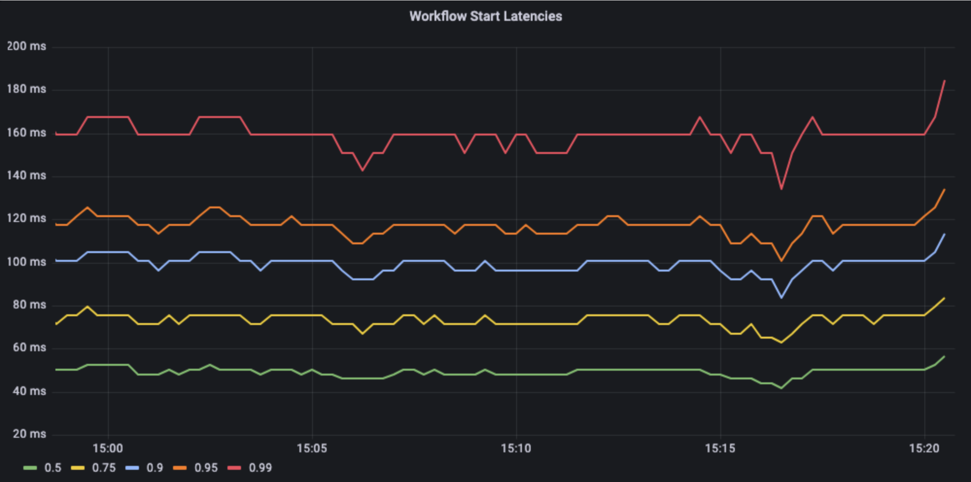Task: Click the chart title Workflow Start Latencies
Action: (x=485, y=16)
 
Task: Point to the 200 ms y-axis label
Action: (x=26, y=46)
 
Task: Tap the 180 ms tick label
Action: (x=26, y=89)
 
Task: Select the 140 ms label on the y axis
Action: (x=26, y=175)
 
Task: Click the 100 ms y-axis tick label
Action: (x=26, y=262)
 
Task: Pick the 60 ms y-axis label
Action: (x=29, y=347)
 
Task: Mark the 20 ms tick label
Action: (x=29, y=434)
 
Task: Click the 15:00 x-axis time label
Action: (x=108, y=448)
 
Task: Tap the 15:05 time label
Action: (x=312, y=448)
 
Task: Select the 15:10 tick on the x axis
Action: (x=516, y=448)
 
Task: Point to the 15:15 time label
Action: (x=720, y=448)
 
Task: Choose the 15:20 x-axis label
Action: (x=924, y=448)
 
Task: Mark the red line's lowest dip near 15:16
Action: (x=781, y=189)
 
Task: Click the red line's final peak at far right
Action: (x=944, y=81)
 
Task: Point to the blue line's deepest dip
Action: (x=781, y=297)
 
